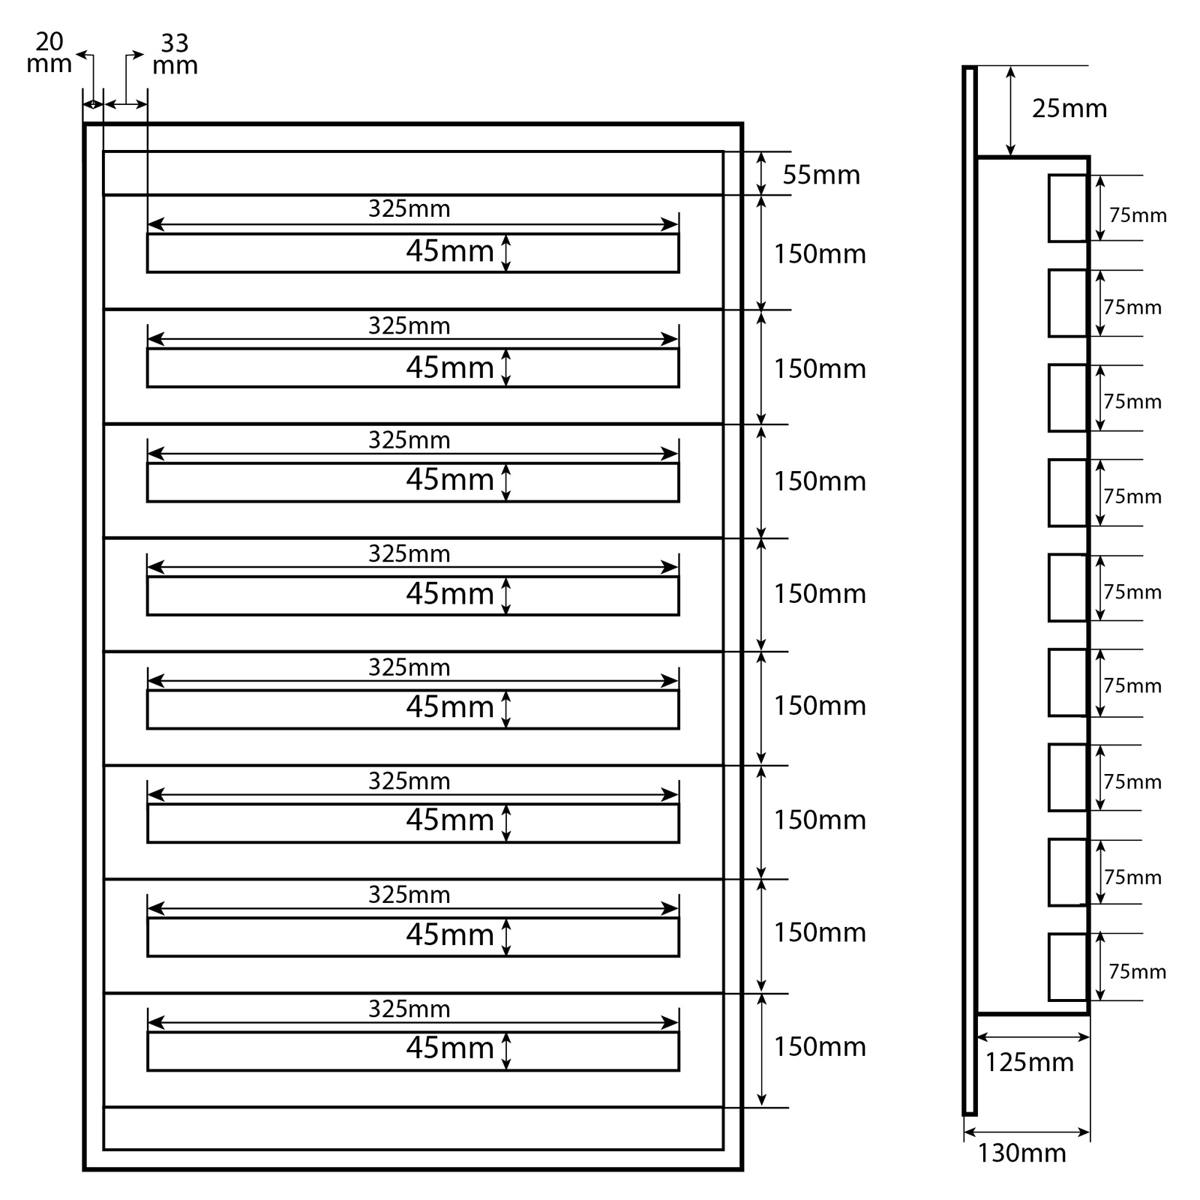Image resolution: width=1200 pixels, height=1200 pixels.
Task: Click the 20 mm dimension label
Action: tap(49, 53)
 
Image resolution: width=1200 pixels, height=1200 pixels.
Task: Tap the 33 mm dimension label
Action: tap(175, 55)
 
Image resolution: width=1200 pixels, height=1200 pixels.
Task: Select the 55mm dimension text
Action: tap(821, 175)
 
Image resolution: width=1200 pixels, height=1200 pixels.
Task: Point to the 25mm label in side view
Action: tap(1069, 109)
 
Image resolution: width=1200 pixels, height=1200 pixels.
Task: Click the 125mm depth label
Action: tap(1029, 1063)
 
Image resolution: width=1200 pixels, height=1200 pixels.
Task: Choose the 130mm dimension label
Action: tap(1021, 1153)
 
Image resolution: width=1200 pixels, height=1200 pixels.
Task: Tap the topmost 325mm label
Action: tap(409, 208)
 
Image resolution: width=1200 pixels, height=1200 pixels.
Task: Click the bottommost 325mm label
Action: tap(409, 1009)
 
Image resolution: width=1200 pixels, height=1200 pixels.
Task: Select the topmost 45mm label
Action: tap(450, 251)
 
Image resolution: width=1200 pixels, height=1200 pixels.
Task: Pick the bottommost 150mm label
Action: tap(820, 1046)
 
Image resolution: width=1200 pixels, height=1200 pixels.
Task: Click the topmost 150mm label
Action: tap(820, 254)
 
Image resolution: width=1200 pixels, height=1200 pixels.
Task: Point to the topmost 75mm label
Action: tap(1138, 215)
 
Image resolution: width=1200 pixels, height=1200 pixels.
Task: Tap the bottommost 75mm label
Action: tap(1137, 972)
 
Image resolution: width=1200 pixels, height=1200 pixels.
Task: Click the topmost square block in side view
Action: tap(1068, 208)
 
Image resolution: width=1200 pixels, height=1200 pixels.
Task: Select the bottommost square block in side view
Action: tap(1068, 967)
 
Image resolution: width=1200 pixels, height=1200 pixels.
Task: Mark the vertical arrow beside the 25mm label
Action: tap(1011, 111)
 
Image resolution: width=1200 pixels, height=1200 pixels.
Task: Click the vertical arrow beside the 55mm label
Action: tap(762, 173)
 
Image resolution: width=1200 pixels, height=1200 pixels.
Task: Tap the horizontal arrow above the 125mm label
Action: tap(1033, 1038)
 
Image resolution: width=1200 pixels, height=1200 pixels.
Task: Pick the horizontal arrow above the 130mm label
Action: tap(1027, 1132)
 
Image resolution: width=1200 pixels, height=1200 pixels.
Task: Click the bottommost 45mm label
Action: tap(450, 1048)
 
